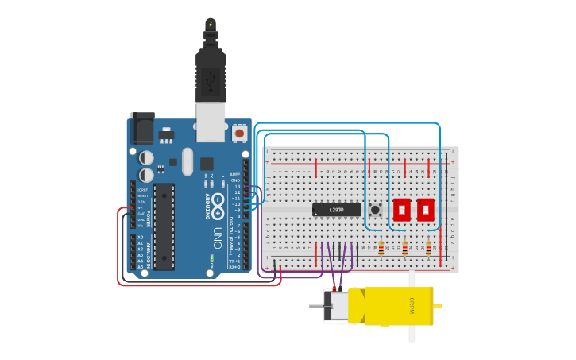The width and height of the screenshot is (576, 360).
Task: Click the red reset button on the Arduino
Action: coord(240,133)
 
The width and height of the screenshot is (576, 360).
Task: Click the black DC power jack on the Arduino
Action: coord(143,128)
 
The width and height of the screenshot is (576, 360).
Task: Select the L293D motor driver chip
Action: coord(336,210)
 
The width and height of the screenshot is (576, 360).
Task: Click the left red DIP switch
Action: coord(401,210)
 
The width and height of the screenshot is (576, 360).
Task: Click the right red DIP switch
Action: coord(426,210)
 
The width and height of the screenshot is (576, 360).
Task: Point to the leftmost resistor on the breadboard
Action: coord(381,249)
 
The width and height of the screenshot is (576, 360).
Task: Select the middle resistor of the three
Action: coord(404,249)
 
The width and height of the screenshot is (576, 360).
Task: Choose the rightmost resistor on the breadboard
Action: coord(428,249)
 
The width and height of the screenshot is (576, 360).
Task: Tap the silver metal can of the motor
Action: coord(335,306)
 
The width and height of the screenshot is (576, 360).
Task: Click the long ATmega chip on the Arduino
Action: coord(164,226)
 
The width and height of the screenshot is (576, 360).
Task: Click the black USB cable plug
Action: coord(211,75)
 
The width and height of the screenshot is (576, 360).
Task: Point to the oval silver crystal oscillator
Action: coord(187,161)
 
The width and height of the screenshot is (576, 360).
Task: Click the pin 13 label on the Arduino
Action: coord(236,187)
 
